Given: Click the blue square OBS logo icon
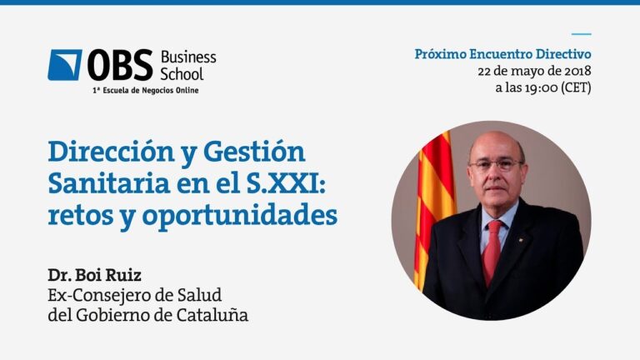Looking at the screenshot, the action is click(65, 65).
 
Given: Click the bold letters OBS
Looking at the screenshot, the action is click(120, 65).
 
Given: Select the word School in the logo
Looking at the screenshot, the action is click(182, 74).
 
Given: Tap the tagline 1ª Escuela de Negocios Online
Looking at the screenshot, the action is click(146, 90).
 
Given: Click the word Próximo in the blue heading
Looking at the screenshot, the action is click(440, 54).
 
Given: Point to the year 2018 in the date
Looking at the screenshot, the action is click(577, 71).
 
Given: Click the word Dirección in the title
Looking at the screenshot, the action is click(112, 152).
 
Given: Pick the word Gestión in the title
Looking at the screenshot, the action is click(254, 152).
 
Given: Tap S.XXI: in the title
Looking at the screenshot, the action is click(286, 183).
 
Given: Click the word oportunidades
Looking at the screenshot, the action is click(240, 217).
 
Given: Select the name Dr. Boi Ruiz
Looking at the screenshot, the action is click(95, 275).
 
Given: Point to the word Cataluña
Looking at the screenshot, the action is click(212, 315).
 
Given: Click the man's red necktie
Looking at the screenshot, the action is click(492, 251).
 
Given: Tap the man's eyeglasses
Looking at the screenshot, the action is click(496, 164).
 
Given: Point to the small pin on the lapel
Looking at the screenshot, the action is click(521, 240).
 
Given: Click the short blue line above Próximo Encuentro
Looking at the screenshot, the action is click(581, 34).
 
